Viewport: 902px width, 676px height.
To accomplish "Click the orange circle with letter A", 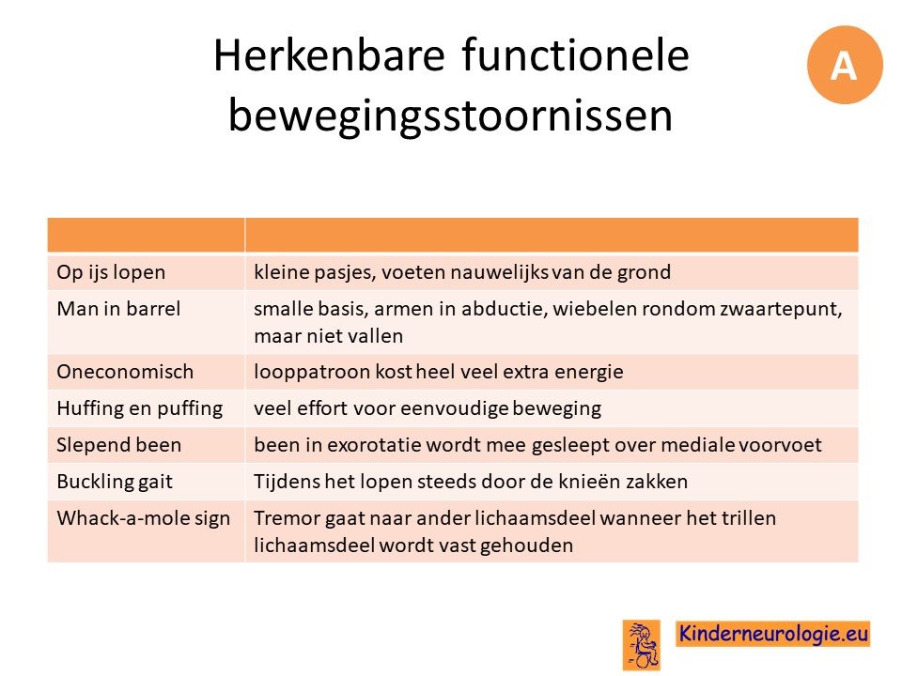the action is (845, 65).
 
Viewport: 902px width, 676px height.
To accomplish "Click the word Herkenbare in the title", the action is (329, 55).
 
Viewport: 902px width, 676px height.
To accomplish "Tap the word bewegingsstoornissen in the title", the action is (450, 115).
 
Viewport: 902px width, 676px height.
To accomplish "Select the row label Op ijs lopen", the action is (111, 272).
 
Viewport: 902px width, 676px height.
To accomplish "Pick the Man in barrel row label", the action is (118, 309).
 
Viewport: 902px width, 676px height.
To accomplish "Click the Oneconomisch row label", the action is (125, 372).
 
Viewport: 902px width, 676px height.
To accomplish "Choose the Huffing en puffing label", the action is (140, 408).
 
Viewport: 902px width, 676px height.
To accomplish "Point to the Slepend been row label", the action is (119, 445).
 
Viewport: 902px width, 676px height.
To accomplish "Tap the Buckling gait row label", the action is (115, 482).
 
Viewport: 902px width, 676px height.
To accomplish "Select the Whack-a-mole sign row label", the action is (143, 518).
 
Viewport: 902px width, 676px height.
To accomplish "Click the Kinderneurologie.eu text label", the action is (773, 634).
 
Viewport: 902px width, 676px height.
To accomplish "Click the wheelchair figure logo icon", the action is (642, 645).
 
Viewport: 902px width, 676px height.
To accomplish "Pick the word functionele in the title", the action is (575, 55).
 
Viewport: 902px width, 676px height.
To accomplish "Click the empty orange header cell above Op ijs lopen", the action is (147, 235).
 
